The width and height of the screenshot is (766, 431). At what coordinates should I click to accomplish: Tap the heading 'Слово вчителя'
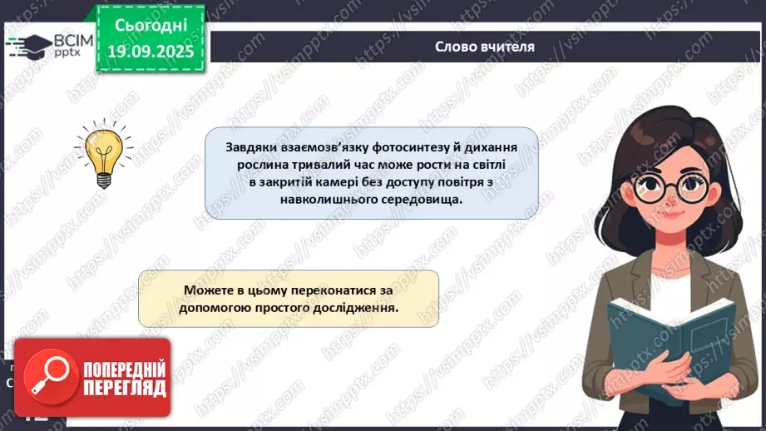(485, 47)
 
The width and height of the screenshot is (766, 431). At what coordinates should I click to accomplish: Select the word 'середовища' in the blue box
(413, 201)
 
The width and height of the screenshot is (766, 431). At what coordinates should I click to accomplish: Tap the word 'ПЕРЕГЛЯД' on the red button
(124, 389)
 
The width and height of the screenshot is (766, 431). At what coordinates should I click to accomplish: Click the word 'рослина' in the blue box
(249, 164)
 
